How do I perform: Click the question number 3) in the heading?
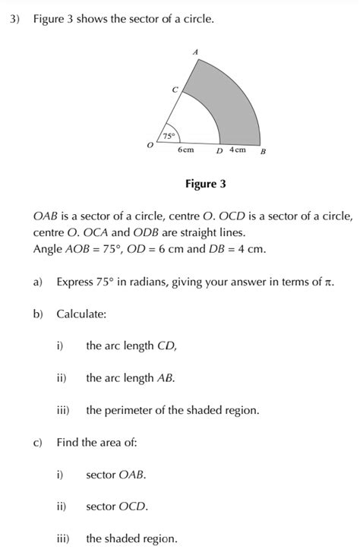[x=14, y=19]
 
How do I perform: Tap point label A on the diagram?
[x=195, y=52]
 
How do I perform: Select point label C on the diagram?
[x=175, y=90]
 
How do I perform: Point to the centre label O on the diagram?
[x=150, y=144]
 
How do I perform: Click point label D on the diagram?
[x=219, y=151]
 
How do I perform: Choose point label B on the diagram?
[x=263, y=151]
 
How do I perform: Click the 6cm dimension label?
[x=185, y=150]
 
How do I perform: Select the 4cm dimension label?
[x=237, y=150]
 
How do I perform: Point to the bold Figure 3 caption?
[x=205, y=184]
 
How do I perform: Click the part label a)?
[x=38, y=282]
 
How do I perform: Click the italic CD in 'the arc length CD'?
[x=167, y=345]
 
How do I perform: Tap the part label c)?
[x=37, y=442]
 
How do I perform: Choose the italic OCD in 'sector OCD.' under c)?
[x=133, y=506]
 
